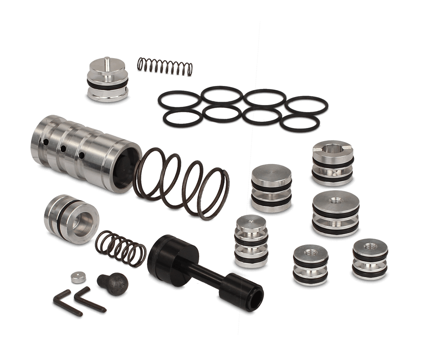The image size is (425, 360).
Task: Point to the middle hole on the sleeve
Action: coord(62,149)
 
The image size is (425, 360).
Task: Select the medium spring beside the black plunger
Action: coord(120,248)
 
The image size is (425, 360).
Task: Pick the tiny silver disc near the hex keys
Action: coord(77,277)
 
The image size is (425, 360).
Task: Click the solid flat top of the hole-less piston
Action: coord(271,174)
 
